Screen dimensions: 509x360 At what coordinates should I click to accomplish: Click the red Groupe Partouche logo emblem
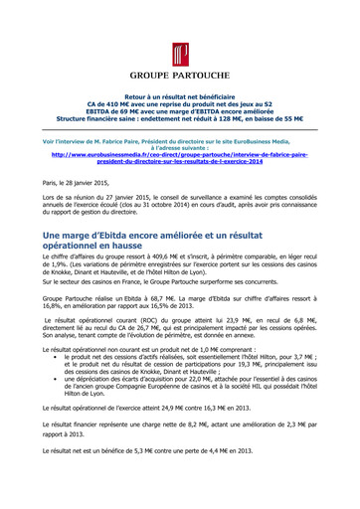[x=180, y=52]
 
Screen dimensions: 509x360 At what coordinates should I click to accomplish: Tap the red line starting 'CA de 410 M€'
[x=180, y=103]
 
